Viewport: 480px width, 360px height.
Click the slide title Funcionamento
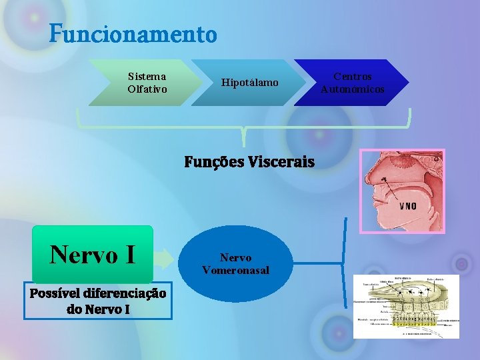(133, 33)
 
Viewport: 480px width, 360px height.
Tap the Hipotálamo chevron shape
(249, 83)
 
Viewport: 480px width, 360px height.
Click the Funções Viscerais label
(249, 162)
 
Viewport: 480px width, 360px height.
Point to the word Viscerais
(279, 162)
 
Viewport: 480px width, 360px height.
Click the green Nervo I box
(93, 254)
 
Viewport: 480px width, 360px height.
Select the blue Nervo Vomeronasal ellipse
(235, 264)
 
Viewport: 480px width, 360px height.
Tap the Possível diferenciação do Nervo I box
(98, 301)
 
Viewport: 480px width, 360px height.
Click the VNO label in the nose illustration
(407, 206)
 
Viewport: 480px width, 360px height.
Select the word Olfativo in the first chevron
(147, 89)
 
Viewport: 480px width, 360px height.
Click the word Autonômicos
(353, 89)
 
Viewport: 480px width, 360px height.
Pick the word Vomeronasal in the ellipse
(235, 270)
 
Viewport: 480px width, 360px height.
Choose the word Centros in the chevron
(353, 77)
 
